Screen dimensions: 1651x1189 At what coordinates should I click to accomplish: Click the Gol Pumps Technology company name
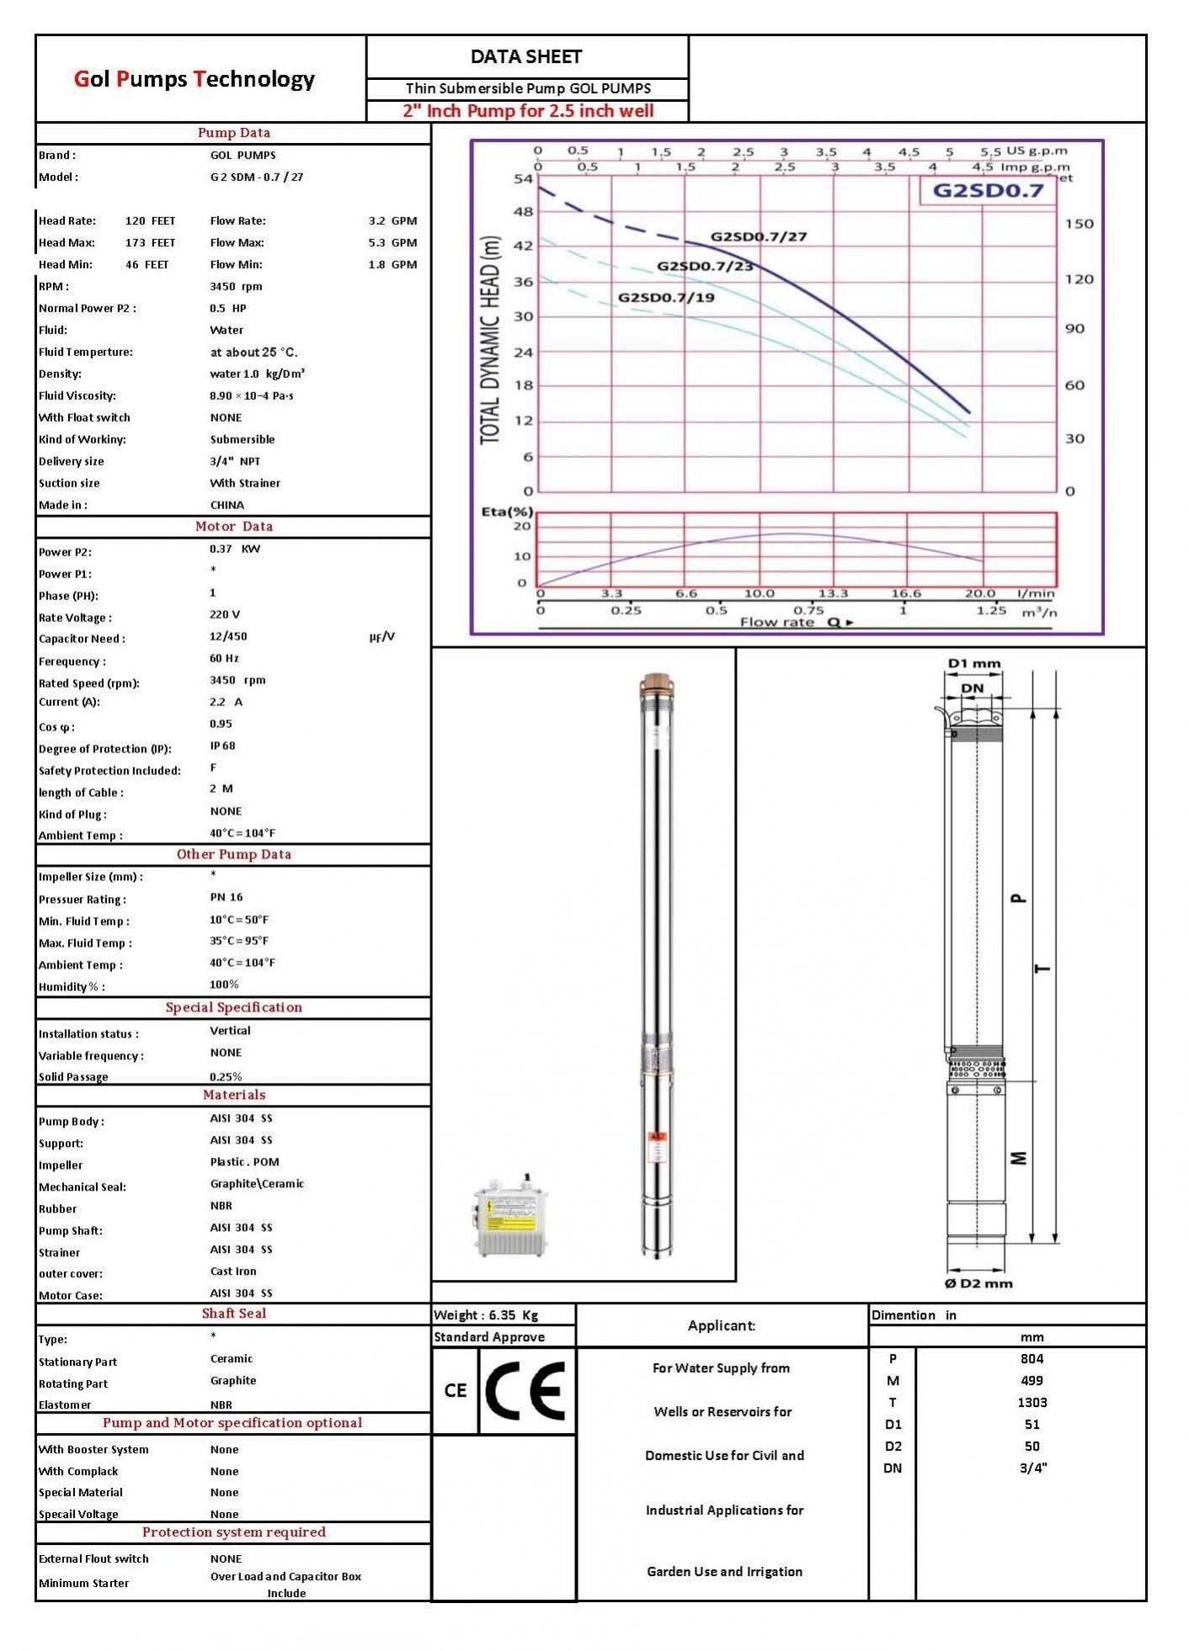(195, 79)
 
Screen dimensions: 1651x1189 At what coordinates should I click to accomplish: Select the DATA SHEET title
(526, 57)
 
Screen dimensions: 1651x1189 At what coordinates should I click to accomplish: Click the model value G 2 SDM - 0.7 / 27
(257, 178)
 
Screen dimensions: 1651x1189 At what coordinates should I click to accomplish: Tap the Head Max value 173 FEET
(150, 243)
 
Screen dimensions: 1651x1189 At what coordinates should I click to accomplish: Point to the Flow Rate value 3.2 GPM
(392, 221)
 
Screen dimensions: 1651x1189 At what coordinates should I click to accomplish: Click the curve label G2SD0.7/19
(666, 297)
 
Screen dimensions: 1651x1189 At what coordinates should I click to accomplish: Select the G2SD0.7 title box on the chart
(988, 190)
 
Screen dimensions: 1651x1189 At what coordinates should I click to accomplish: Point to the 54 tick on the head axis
(524, 179)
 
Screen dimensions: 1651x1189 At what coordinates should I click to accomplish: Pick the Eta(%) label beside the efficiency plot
(507, 512)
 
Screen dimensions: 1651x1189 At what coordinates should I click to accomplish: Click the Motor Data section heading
(233, 527)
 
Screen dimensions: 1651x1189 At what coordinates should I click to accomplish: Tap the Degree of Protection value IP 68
(223, 746)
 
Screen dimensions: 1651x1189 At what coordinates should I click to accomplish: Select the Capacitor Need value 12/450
(228, 637)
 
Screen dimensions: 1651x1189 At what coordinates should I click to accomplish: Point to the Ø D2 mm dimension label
(978, 1283)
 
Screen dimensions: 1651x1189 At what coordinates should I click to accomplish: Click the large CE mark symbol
(525, 1391)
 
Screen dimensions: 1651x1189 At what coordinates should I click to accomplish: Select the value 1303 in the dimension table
(1032, 1403)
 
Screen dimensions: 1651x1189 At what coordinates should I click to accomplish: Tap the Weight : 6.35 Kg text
(486, 1315)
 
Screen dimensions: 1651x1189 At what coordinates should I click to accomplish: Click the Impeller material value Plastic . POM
(244, 1162)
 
